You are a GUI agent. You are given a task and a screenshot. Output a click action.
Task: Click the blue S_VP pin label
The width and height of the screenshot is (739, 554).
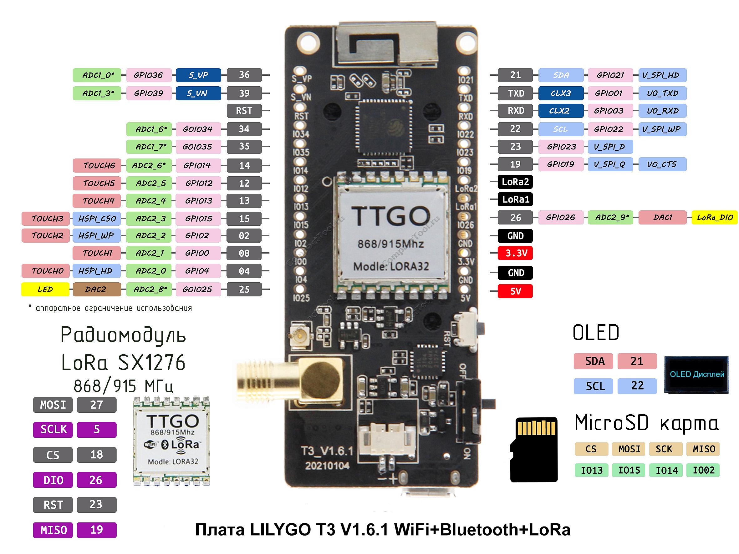pos(198,75)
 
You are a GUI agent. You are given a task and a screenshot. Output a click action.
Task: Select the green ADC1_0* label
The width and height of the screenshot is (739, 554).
pos(97,75)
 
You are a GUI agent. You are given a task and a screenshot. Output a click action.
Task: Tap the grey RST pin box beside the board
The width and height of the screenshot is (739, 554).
pos(244,111)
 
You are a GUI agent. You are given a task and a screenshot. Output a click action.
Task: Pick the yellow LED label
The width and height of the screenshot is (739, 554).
pos(45,289)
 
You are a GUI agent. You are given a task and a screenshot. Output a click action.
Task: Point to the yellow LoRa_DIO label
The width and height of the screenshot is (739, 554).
pos(714,217)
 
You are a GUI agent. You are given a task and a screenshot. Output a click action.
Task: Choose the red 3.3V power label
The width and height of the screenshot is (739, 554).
pos(515,253)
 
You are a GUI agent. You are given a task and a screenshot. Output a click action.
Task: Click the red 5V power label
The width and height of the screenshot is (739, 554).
pos(515,291)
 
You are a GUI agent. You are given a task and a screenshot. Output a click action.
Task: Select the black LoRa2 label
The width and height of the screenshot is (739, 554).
pos(515,182)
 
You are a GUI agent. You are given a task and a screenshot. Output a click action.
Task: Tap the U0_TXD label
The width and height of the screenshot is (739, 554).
pos(662,93)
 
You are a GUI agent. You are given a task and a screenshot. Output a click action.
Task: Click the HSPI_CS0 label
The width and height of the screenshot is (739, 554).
pos(97,219)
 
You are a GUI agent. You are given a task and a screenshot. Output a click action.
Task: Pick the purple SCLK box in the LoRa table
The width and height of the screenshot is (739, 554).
pos(53,430)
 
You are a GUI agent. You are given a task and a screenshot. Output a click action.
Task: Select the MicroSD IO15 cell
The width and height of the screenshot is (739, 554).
pos(629,470)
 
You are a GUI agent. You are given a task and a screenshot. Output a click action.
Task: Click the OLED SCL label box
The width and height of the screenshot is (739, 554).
pos(593,386)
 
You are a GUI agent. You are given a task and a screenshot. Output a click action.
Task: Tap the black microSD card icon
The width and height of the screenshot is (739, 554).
pos(534,449)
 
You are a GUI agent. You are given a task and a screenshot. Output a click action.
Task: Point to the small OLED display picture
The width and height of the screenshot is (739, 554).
pos(696,375)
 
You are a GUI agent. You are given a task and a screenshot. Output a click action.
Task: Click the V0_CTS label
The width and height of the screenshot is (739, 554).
pos(662,164)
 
